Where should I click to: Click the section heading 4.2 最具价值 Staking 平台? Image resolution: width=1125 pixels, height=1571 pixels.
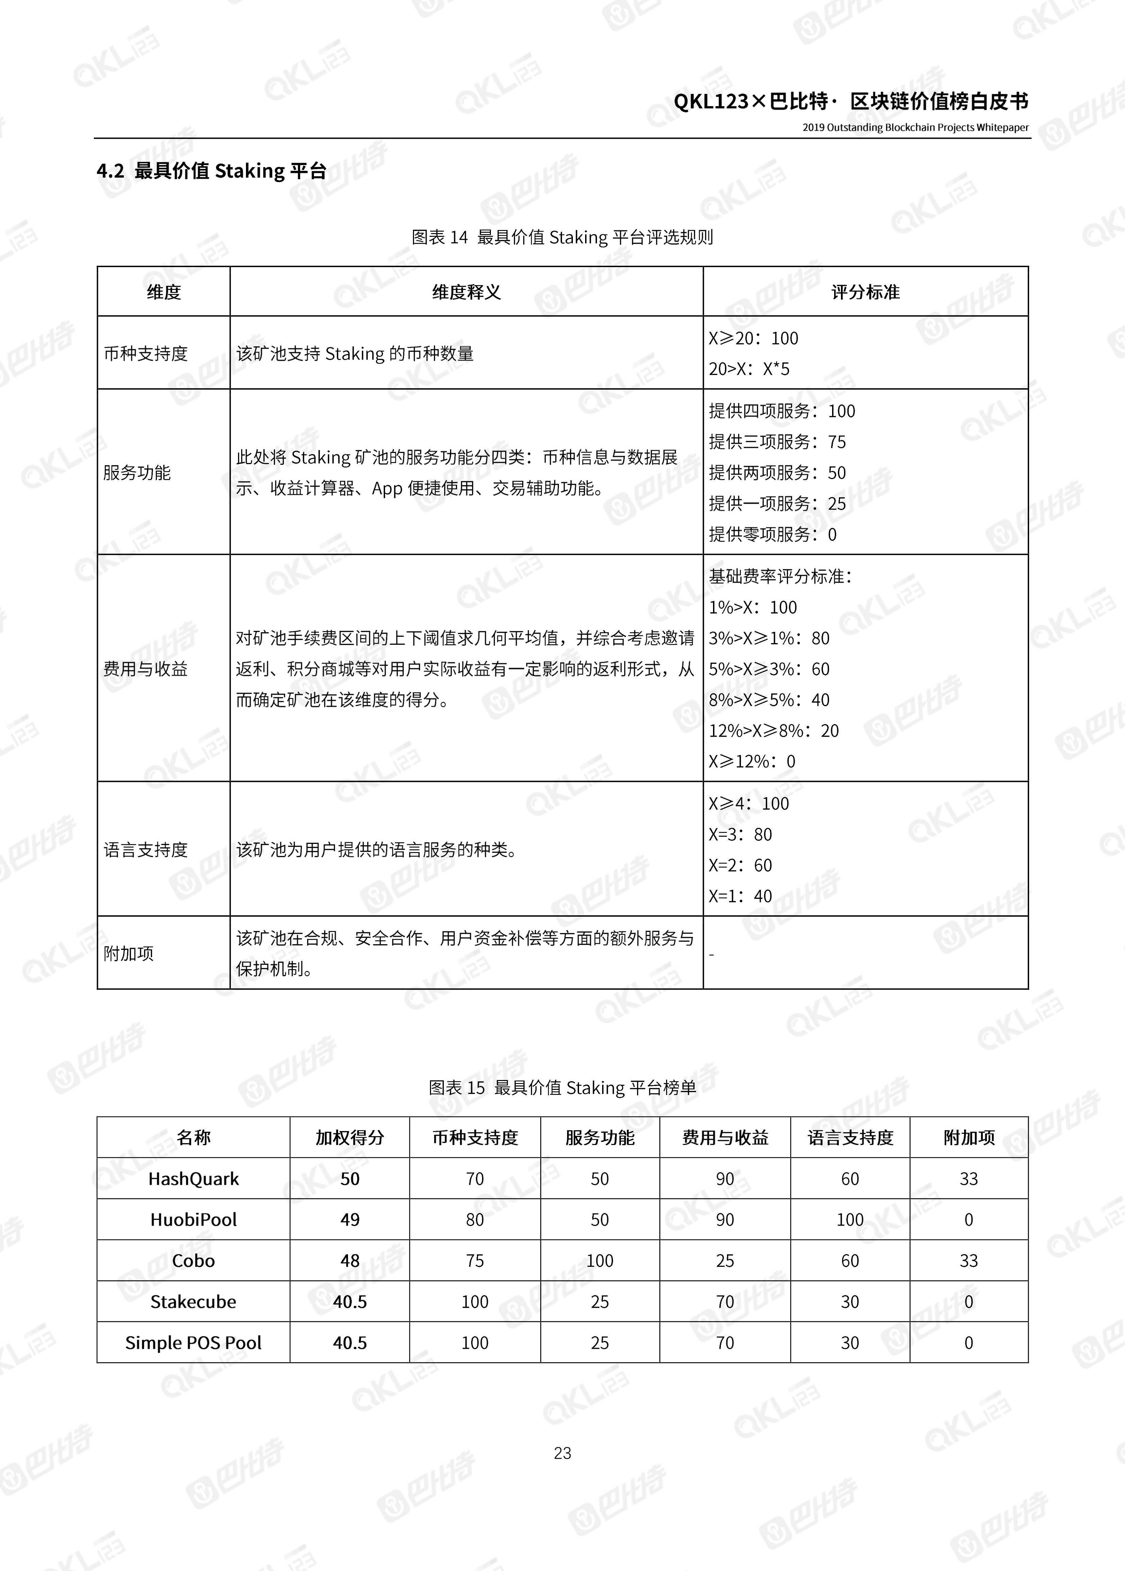pos(211,171)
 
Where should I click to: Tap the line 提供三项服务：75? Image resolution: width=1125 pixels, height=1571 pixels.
pos(777,442)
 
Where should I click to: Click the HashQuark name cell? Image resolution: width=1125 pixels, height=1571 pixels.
pos(193,1179)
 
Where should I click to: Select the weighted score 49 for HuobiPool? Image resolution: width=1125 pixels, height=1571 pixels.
pos(350,1220)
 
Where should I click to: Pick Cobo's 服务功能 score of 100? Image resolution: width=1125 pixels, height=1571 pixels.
pos(600,1261)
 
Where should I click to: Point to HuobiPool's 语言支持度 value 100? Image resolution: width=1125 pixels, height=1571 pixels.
pos(850,1220)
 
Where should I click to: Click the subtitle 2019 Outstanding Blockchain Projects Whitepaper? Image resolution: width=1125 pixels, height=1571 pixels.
pos(915,128)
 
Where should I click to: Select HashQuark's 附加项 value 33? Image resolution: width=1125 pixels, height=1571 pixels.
pos(969,1179)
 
